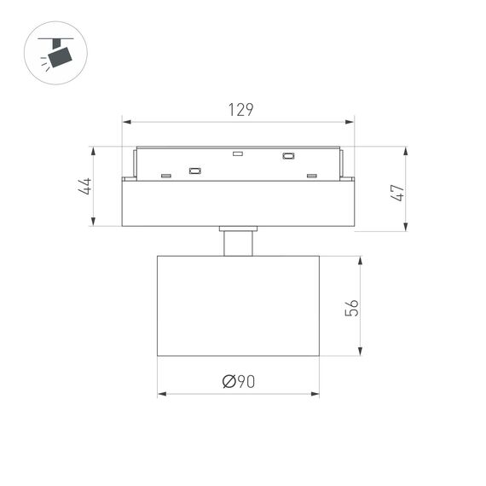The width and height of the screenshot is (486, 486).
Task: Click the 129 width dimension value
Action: pos(240,110)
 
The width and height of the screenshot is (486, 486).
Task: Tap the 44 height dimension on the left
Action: pos(85,187)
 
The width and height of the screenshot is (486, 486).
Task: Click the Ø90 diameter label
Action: pos(239,382)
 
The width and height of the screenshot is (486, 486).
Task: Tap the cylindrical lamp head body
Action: pos(239,304)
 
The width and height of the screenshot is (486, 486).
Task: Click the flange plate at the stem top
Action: pos(238,229)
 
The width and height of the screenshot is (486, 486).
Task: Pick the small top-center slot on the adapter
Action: pos(238,154)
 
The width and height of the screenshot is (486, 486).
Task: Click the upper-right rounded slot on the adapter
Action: pos(288,156)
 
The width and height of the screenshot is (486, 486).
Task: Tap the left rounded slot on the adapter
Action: pos(194,171)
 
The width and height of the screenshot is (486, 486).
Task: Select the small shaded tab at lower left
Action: pos(165,176)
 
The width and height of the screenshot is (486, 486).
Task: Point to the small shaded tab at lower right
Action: pos(311,176)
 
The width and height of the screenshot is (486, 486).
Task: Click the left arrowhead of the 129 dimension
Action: pos(126,121)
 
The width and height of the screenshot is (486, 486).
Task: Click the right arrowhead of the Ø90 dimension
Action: pos(315,394)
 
